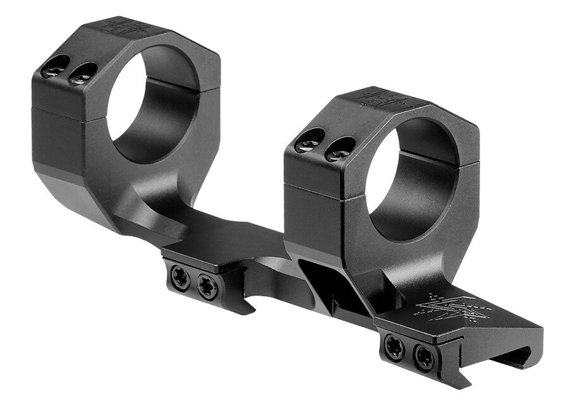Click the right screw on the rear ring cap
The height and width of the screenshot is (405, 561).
pyautogui.click(x=83, y=74)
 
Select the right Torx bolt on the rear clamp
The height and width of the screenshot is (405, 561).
pyautogui.click(x=207, y=286)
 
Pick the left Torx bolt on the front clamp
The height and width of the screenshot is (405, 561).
pyautogui.click(x=394, y=348)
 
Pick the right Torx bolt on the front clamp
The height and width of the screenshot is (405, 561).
pyautogui.click(x=423, y=358)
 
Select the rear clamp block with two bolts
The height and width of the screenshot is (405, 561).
pyautogui.click(x=199, y=278)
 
